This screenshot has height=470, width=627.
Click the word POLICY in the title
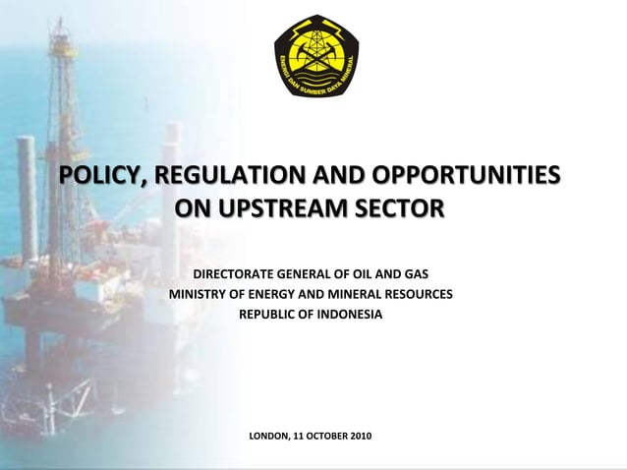click(96, 177)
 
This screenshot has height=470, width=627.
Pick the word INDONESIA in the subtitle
click(350, 315)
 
